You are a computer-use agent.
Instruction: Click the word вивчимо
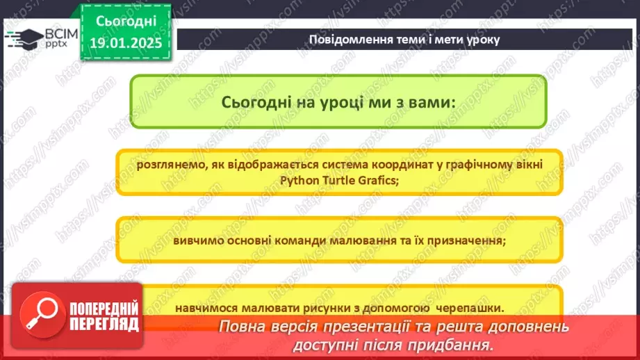click(x=201, y=240)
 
